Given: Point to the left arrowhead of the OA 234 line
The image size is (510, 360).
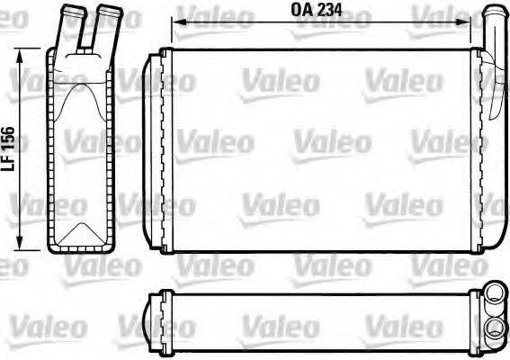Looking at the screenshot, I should (x=175, y=25).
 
